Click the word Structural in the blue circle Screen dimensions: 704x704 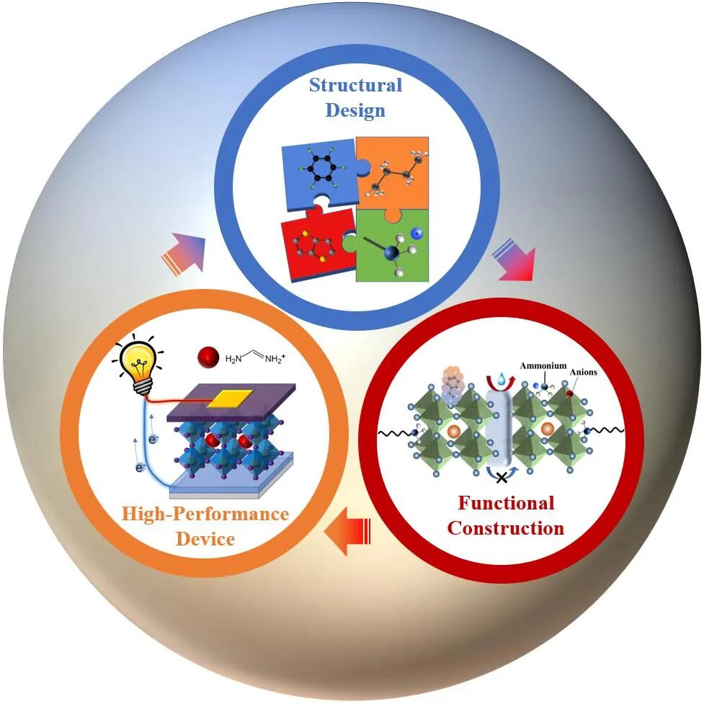click(x=355, y=85)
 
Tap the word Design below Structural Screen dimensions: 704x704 click(x=355, y=110)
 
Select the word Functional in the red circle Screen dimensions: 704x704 click(x=506, y=502)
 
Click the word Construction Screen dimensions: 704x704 click(x=506, y=527)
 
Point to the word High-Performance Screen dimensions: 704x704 click(x=205, y=514)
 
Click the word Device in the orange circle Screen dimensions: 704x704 click(x=205, y=538)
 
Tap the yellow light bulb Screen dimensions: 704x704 click(x=137, y=364)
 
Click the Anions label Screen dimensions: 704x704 click(x=583, y=373)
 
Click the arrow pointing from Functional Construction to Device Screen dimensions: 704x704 click(x=349, y=535)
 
